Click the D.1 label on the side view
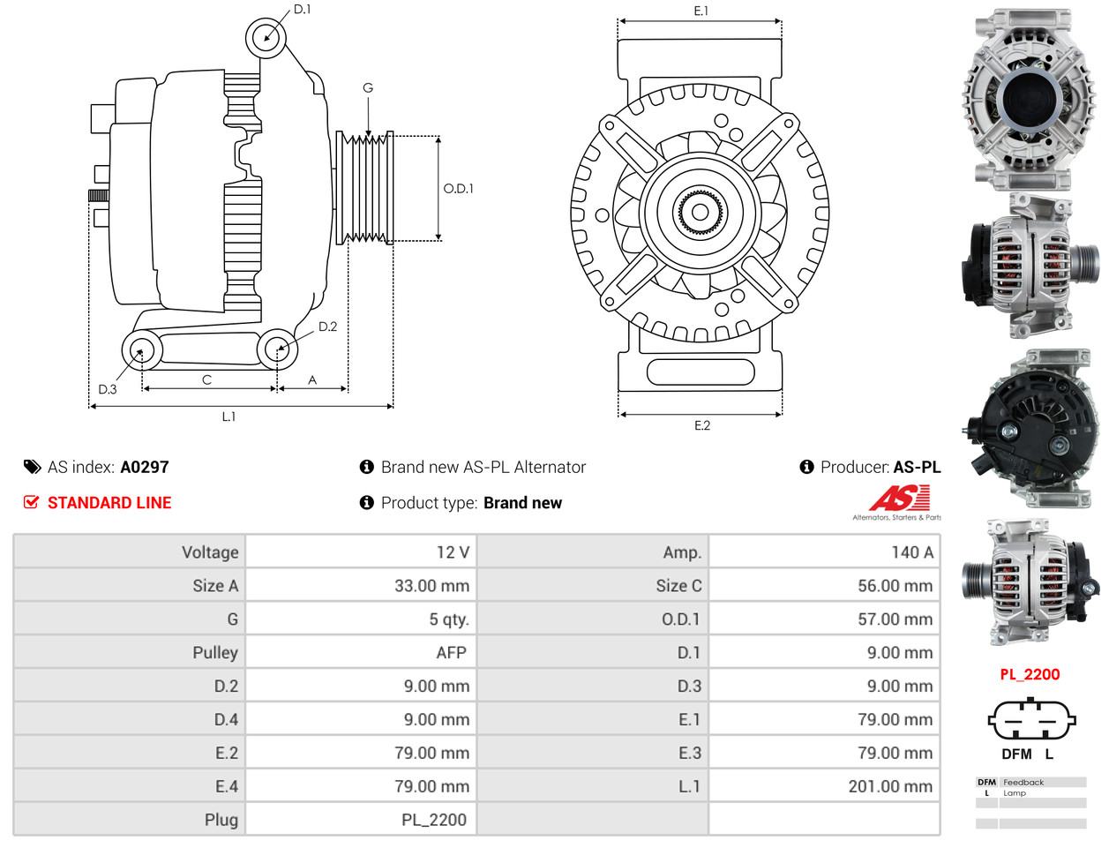(302, 10)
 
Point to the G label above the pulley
(368, 88)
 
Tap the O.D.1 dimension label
(458, 189)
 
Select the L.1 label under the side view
(229, 416)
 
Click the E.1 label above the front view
(701, 11)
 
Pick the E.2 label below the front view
(702, 425)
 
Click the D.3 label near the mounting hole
(108, 389)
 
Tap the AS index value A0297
(145, 468)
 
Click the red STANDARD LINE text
(109, 503)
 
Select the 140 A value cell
(911, 552)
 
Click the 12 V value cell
(453, 552)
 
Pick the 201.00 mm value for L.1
(889, 786)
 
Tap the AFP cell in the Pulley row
(451, 653)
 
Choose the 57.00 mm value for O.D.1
(895, 619)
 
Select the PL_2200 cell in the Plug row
(433, 820)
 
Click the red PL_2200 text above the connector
(1030, 675)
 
